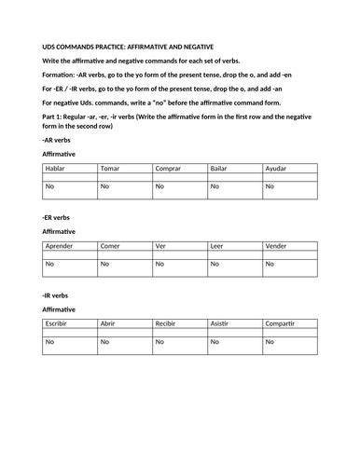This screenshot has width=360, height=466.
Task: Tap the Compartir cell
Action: point(290,322)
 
